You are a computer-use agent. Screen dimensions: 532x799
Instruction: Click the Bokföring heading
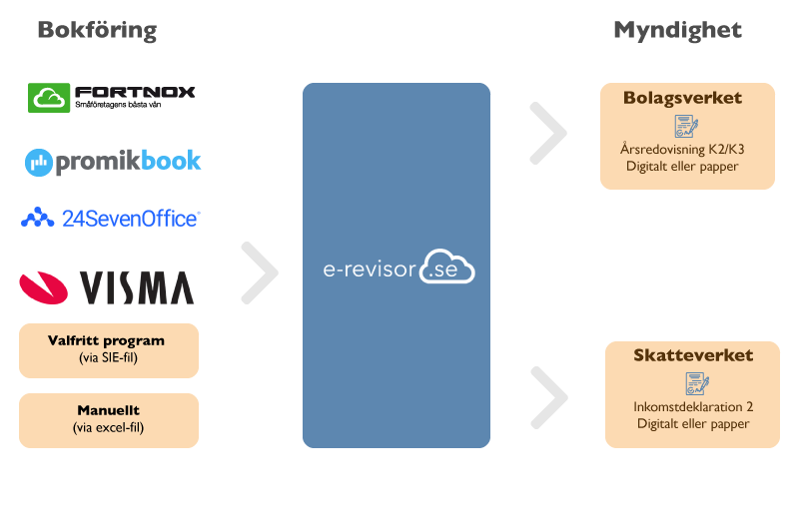click(x=97, y=30)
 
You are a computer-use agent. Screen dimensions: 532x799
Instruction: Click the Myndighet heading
click(x=677, y=30)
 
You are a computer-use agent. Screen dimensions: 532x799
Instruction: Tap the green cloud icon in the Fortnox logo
click(x=48, y=97)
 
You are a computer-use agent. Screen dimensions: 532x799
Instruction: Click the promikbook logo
click(x=113, y=161)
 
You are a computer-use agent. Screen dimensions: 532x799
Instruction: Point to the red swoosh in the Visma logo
click(x=46, y=287)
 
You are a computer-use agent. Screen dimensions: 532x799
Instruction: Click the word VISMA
click(x=137, y=288)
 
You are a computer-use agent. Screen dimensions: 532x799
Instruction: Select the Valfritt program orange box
click(x=109, y=349)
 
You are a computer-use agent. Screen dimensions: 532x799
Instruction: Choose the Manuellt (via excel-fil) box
click(x=109, y=419)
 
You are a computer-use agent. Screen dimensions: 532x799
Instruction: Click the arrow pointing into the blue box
click(x=261, y=271)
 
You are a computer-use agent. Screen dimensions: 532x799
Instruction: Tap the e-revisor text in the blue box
click(x=369, y=268)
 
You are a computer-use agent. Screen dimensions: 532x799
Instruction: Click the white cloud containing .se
click(x=446, y=267)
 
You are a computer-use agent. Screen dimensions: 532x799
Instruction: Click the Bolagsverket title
click(x=682, y=98)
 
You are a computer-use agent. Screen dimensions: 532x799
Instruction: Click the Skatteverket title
click(x=693, y=355)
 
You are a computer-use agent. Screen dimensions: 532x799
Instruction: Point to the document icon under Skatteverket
click(x=695, y=383)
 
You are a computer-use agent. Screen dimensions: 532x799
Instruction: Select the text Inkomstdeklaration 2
click(x=693, y=406)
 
